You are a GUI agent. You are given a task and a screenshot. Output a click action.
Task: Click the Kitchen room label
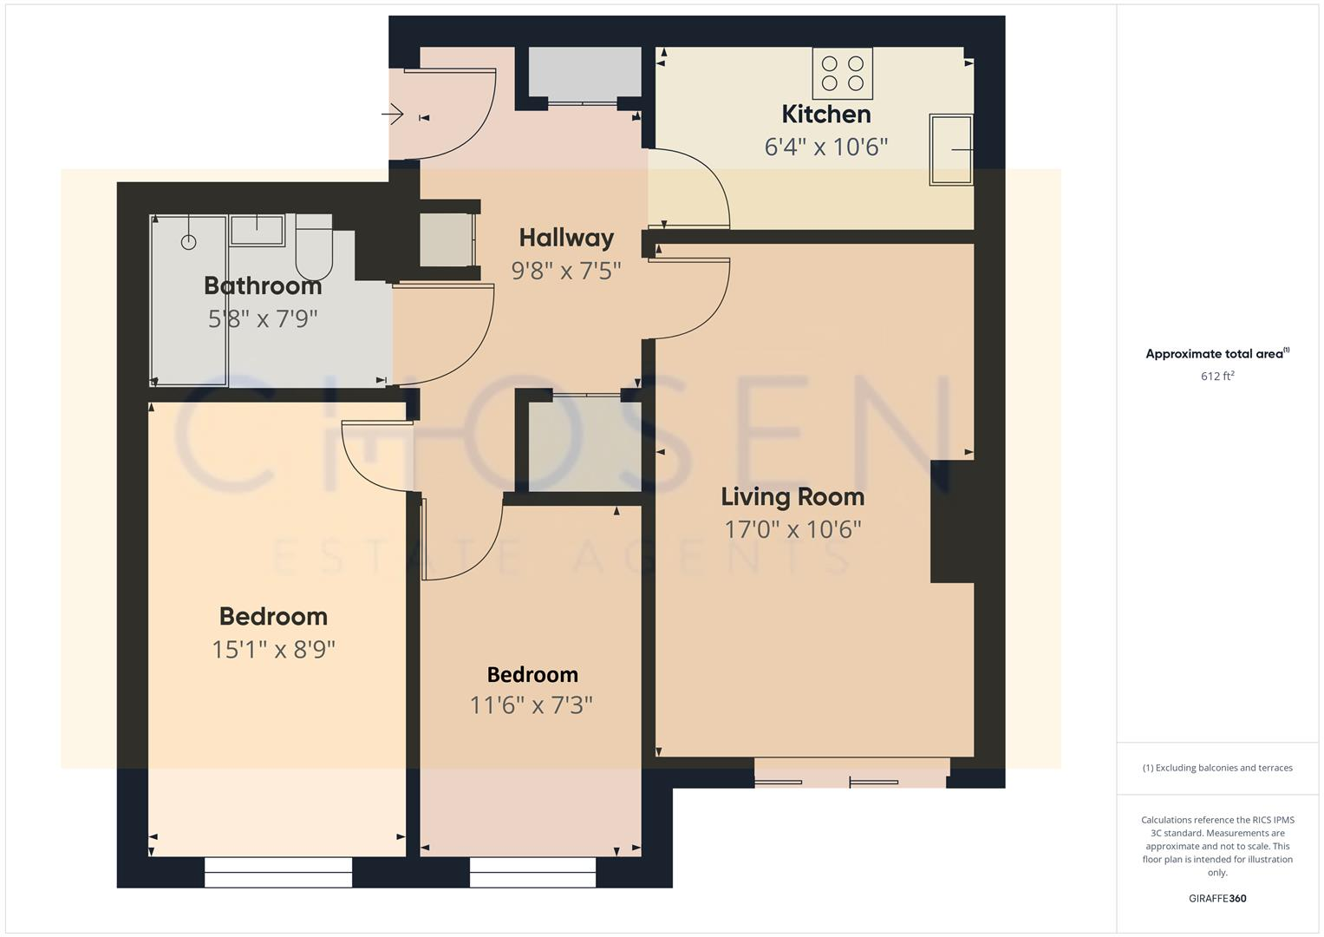pyautogui.click(x=825, y=115)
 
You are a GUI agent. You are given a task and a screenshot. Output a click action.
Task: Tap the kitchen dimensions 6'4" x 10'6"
pyautogui.click(x=825, y=147)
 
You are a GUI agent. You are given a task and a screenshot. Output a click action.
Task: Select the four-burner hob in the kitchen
pyautogui.click(x=842, y=73)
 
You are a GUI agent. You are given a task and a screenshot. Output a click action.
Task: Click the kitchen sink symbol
pyautogui.click(x=951, y=149)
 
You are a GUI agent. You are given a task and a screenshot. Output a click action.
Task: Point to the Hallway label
pyautogui.click(x=566, y=238)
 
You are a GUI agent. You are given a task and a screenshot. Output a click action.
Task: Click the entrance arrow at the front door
pyautogui.click(x=393, y=114)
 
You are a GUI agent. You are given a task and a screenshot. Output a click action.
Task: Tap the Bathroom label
pyautogui.click(x=263, y=286)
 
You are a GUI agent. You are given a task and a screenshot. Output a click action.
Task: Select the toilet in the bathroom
pyautogui.click(x=314, y=247)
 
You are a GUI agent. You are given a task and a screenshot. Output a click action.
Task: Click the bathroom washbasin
pyautogui.click(x=258, y=230)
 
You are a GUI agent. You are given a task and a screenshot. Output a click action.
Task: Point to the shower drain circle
pyautogui.click(x=188, y=242)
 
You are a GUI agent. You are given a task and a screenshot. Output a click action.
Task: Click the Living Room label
pyautogui.click(x=792, y=497)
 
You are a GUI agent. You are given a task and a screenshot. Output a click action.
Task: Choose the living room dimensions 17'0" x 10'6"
pyautogui.click(x=792, y=529)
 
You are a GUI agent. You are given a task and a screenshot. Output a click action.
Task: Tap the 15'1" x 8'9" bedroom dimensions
pyautogui.click(x=273, y=650)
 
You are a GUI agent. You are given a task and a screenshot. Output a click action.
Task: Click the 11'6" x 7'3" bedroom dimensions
pyautogui.click(x=531, y=705)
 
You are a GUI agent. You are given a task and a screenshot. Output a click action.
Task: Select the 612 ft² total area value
pyautogui.click(x=1217, y=376)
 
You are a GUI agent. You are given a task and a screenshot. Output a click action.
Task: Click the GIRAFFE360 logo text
pyautogui.click(x=1217, y=898)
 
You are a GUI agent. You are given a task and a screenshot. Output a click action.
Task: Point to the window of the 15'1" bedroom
pyautogui.click(x=278, y=872)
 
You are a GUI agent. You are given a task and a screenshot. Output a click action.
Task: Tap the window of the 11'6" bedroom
pyautogui.click(x=532, y=872)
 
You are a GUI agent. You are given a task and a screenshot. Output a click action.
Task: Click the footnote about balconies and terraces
pyautogui.click(x=1217, y=768)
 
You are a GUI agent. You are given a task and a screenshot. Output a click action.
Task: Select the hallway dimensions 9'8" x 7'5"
pyautogui.click(x=566, y=271)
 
